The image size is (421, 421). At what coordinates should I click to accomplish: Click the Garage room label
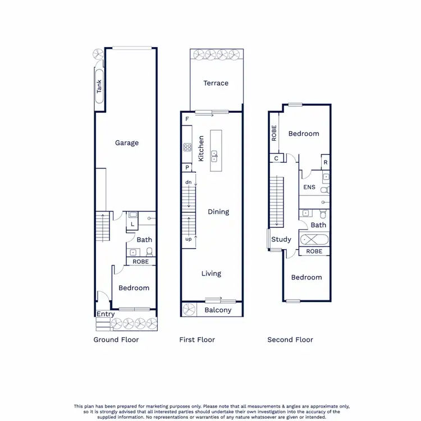tap(127, 143)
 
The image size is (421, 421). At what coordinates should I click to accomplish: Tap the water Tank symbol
tap(99, 86)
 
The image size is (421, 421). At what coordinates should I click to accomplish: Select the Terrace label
tap(216, 83)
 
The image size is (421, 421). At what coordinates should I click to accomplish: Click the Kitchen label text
tap(201, 149)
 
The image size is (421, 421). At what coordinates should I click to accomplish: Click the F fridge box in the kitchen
tap(186, 119)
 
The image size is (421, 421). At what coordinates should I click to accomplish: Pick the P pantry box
tap(186, 168)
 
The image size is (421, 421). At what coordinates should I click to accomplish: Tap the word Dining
tap(218, 212)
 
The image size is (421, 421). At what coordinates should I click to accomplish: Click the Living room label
tap(212, 273)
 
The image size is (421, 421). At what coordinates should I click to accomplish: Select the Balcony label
tap(218, 310)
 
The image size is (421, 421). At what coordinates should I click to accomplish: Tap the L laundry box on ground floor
tap(132, 224)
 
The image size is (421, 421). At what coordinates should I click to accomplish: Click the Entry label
tap(105, 314)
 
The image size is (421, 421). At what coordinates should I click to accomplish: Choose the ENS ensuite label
tap(309, 187)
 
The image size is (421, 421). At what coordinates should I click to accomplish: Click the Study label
tap(281, 239)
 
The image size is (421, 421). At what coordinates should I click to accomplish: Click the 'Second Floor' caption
tap(290, 340)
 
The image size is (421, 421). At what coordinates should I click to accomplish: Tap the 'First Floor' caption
tap(197, 340)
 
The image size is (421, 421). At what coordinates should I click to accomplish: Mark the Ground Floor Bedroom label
tap(134, 287)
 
